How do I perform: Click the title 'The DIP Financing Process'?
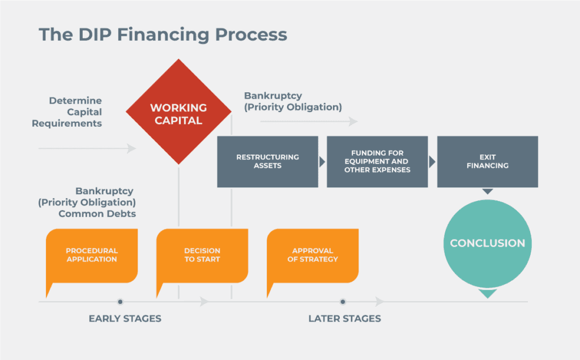tap(163, 35)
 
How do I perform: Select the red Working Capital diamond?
tap(178, 113)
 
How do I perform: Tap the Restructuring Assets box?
tap(267, 161)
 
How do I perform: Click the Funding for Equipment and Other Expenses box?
tap(377, 161)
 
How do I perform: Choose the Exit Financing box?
tap(487, 161)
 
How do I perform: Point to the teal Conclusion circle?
tap(487, 243)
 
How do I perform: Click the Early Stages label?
tap(125, 319)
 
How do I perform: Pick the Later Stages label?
tap(344, 319)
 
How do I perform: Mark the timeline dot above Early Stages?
tap(120, 302)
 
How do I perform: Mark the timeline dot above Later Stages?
tap(343, 302)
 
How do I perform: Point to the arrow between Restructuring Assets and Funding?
tap(322, 162)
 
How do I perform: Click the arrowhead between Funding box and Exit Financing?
tap(432, 162)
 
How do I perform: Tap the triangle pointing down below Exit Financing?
tap(488, 191)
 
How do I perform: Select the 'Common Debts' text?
tap(97, 214)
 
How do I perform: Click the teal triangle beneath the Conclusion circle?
tap(487, 294)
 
